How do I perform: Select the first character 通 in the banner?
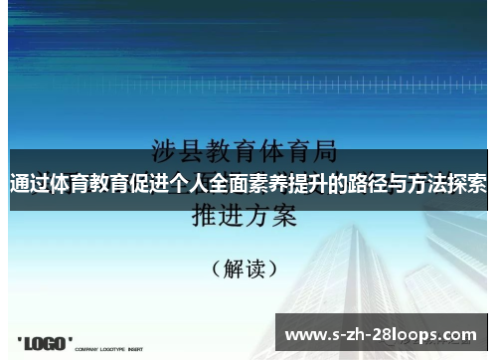[19, 185]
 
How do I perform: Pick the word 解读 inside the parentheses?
[245, 268]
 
